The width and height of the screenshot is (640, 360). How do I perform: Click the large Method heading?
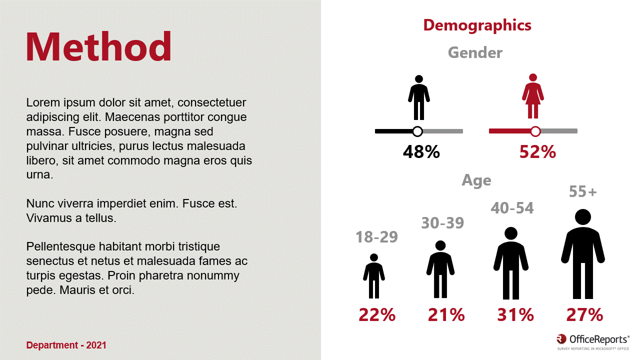coord(98,46)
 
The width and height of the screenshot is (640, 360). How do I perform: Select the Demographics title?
coord(477,25)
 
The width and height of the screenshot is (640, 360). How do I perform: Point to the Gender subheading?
coord(475,52)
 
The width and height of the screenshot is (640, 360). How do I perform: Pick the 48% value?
coord(421,152)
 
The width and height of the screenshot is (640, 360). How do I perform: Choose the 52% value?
coord(537,152)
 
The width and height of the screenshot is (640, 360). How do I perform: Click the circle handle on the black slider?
coord(417,131)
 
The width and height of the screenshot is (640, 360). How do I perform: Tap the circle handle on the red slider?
coord(535,131)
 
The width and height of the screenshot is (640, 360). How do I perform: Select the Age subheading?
coord(476,180)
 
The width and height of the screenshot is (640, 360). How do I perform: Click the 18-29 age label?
coord(376,237)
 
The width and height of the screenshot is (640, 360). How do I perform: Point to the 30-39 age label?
coord(442,223)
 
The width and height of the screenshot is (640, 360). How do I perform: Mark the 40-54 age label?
coord(512,208)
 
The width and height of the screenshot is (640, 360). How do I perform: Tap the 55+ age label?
coord(583,191)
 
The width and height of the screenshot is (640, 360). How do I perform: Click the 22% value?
coord(377,315)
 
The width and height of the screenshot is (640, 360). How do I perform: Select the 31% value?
coord(515,315)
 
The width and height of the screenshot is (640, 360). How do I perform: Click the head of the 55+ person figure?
coord(583,217)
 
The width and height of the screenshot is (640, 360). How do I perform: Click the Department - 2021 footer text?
coord(66,345)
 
